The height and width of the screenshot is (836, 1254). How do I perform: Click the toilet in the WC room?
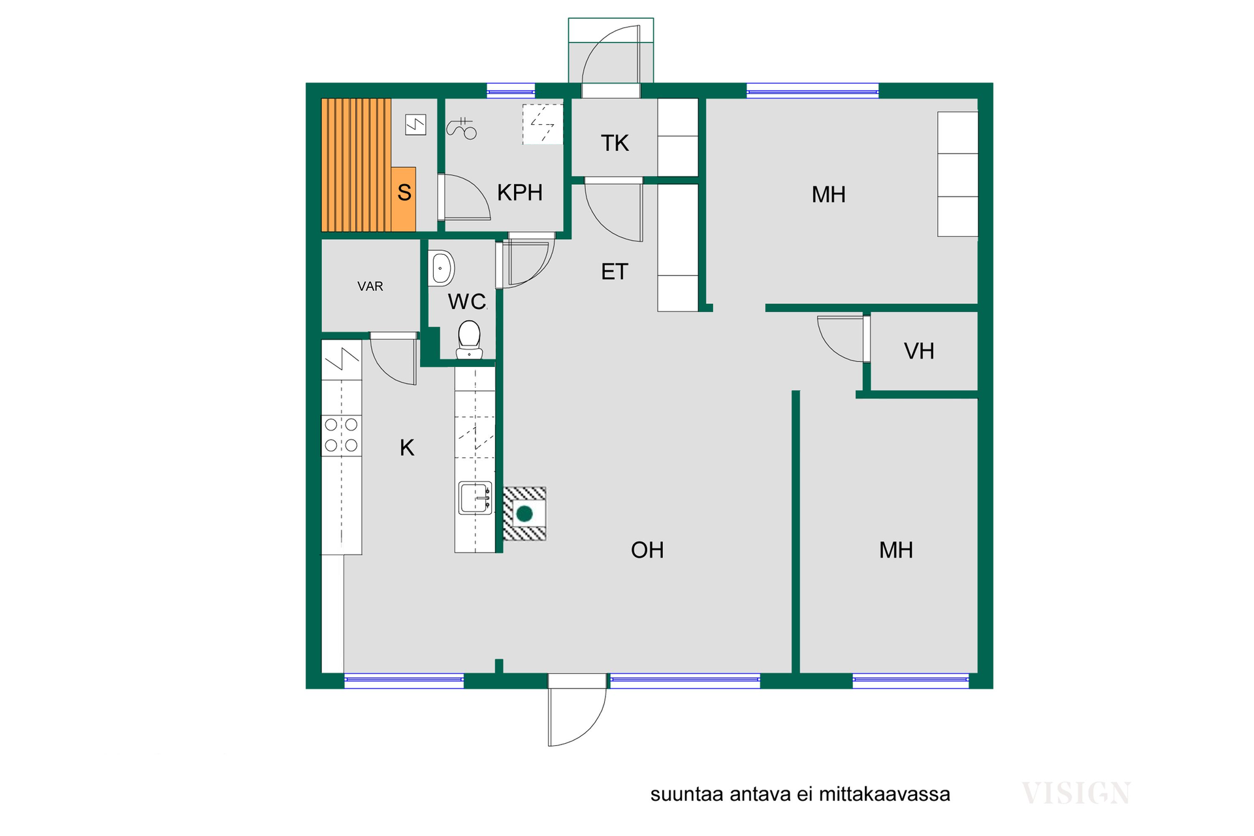click(469, 340)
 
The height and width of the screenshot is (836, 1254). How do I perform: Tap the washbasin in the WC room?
click(442, 268)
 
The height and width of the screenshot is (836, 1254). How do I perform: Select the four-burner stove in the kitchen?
click(342, 435)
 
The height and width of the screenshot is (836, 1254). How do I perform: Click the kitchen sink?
click(475, 498)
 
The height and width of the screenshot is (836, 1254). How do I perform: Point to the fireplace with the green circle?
click(524, 514)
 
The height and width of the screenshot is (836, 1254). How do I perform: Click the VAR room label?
click(370, 286)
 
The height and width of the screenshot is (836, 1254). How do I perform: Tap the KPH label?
click(520, 193)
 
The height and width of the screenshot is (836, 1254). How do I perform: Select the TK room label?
click(615, 143)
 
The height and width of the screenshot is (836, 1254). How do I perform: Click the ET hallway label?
click(615, 272)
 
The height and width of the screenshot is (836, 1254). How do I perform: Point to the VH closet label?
click(919, 351)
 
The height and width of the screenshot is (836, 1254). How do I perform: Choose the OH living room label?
click(647, 551)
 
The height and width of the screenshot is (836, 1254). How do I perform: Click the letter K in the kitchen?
click(407, 448)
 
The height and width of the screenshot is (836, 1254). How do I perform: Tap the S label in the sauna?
click(404, 193)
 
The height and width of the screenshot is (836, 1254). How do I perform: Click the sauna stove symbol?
click(415, 124)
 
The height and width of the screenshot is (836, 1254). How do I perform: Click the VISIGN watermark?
click(1076, 794)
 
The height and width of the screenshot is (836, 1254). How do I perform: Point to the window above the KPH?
click(511, 91)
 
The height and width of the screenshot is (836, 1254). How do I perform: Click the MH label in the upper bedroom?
click(829, 195)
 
